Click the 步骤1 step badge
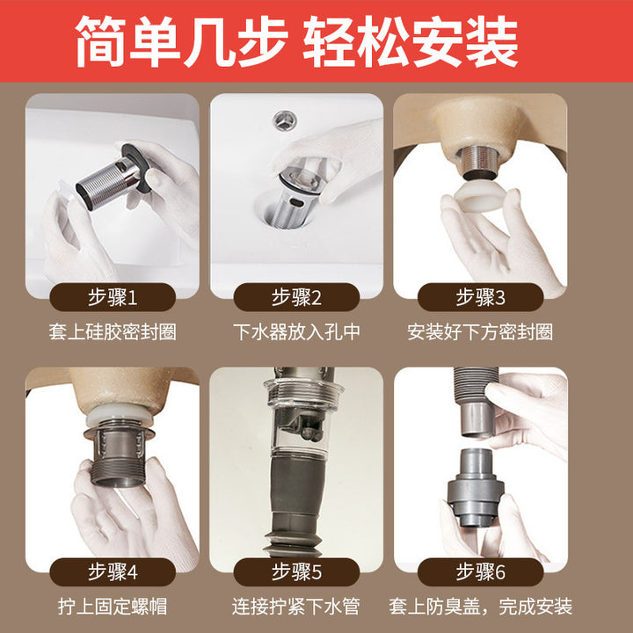(113, 297)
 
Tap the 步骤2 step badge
(296, 297)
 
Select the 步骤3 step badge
(480, 297)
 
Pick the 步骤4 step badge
(113, 572)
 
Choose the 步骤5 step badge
(296, 572)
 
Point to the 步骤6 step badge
(480, 572)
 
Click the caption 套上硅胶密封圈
(113, 332)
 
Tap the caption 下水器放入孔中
(296, 332)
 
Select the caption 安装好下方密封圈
(480, 332)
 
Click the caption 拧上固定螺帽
(113, 607)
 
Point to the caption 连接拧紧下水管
(296, 607)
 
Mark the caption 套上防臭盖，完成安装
(480, 607)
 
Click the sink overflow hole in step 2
(286, 120)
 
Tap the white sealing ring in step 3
(481, 197)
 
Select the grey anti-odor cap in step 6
(476, 486)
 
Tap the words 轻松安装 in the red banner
(411, 41)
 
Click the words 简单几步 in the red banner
(182, 41)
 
